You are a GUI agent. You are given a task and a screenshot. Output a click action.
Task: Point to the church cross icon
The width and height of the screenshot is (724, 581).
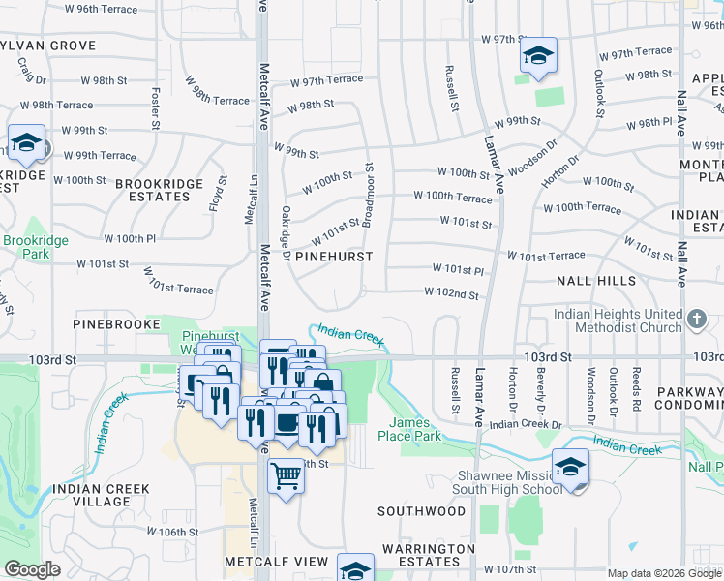(695, 318)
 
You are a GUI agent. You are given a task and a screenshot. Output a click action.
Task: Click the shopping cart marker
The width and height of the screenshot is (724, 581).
(286, 475)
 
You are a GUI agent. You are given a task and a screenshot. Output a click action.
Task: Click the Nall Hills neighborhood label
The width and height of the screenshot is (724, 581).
(596, 280)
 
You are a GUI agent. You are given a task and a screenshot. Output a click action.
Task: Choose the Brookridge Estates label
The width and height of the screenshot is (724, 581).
(153, 190)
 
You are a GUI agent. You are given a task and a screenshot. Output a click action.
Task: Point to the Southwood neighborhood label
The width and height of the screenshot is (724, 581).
(421, 510)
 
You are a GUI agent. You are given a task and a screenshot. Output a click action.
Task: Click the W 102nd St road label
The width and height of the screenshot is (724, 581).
(451, 293)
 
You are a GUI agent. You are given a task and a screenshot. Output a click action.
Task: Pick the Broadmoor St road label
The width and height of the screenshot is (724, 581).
(369, 190)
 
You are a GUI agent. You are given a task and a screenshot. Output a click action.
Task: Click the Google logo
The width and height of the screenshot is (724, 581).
(32, 569)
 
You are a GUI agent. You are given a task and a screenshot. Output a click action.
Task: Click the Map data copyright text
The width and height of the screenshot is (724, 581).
(648, 573)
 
